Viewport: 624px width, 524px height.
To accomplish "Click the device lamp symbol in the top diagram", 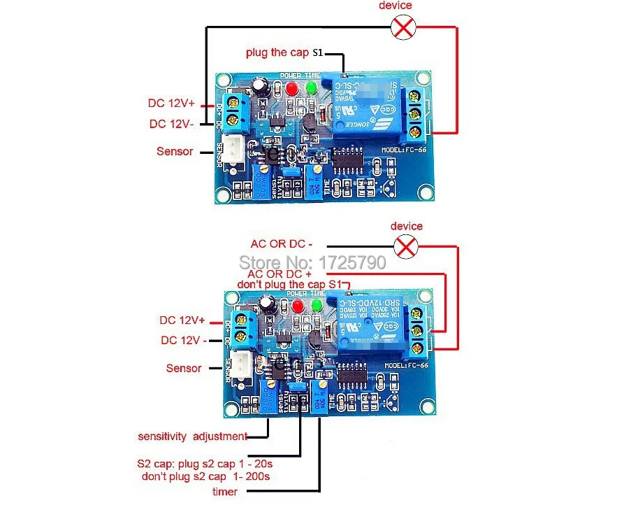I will (x=405, y=27).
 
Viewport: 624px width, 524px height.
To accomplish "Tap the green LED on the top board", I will (x=310, y=89).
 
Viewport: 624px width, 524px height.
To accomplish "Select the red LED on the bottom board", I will (x=298, y=306).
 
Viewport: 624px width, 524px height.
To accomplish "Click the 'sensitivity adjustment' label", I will (x=192, y=437).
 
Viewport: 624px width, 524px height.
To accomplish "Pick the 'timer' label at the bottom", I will (x=225, y=492).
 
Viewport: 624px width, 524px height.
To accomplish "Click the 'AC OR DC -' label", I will (x=281, y=244).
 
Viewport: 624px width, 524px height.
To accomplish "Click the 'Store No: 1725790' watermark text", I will (x=312, y=262).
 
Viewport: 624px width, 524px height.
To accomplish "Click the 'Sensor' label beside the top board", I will (x=175, y=151).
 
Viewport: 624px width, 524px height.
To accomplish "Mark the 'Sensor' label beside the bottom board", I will (x=184, y=368).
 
